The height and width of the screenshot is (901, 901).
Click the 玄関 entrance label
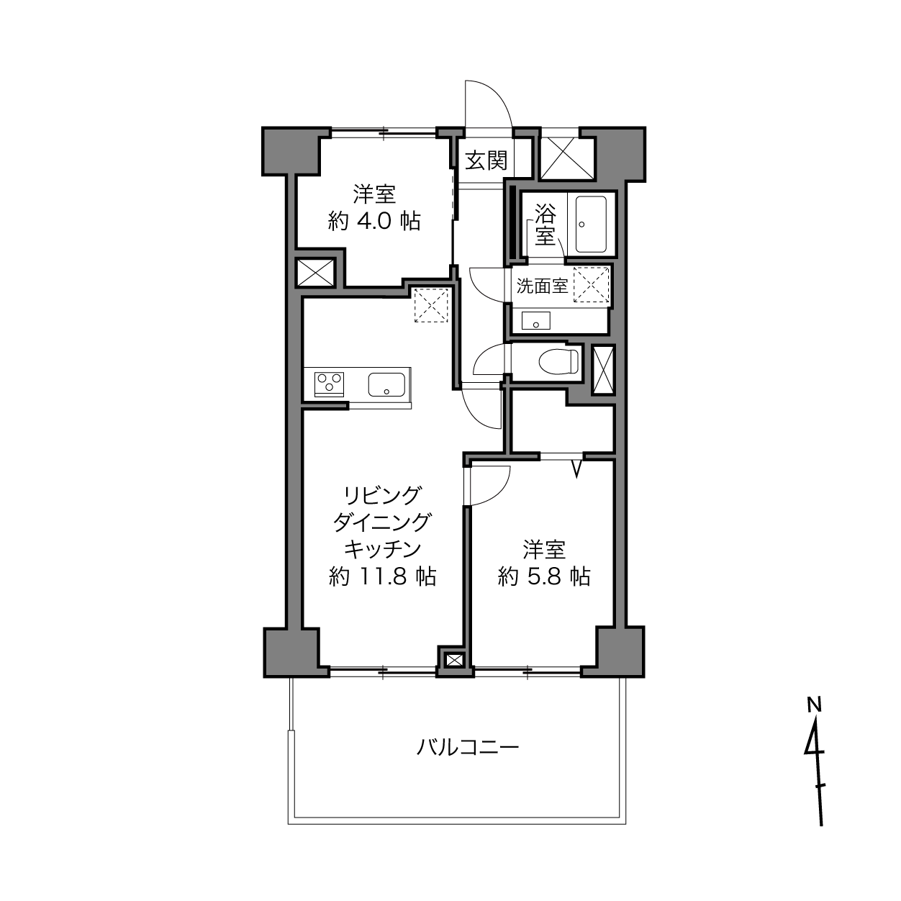pyautogui.click(x=486, y=161)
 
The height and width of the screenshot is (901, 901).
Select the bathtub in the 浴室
pyautogui.click(x=591, y=224)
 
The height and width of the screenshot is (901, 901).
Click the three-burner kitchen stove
pyautogui.click(x=330, y=384)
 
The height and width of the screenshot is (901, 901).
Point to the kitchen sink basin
pyautogui.click(x=386, y=384)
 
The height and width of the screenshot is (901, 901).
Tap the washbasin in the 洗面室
pyautogui.click(x=536, y=321)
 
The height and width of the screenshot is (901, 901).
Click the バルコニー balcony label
pyautogui.click(x=468, y=748)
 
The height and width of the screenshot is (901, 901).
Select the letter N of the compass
pyautogui.click(x=814, y=704)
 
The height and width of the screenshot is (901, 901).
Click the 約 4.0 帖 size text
pyautogui.click(x=374, y=221)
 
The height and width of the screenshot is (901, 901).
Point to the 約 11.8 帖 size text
pyautogui.click(x=382, y=576)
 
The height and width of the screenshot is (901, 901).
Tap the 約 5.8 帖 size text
pyautogui.click(x=544, y=576)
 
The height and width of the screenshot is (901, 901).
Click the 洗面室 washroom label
pyautogui.click(x=542, y=286)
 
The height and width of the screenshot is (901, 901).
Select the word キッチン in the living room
pyautogui.click(x=383, y=549)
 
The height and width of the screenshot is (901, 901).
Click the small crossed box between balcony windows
pyautogui.click(x=453, y=660)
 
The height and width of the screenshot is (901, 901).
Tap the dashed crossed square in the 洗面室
pyautogui.click(x=592, y=284)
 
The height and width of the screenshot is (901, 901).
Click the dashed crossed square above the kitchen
pyautogui.click(x=431, y=305)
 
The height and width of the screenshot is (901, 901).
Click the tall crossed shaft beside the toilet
pyautogui.click(x=602, y=370)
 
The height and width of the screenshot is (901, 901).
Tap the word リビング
pyautogui.click(x=381, y=496)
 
